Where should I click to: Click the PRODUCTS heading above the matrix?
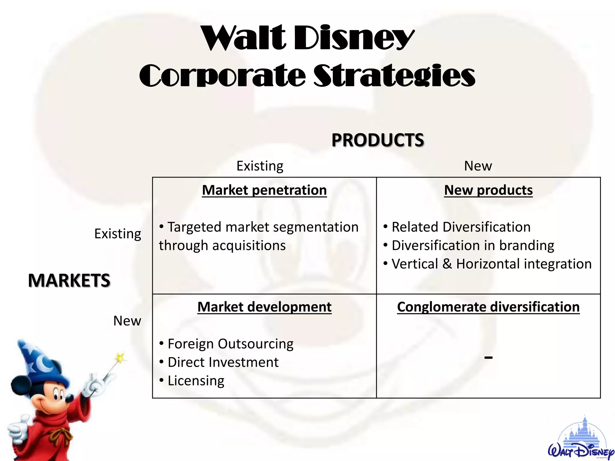pyautogui.click(x=377, y=140)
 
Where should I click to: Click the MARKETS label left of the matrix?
pyautogui.click(x=69, y=280)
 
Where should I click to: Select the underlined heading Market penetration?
pyautogui.click(x=264, y=190)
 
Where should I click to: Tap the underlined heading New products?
pyautogui.click(x=488, y=190)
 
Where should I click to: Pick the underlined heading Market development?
pyautogui.click(x=264, y=307)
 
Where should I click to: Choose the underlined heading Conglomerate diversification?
pyautogui.click(x=488, y=307)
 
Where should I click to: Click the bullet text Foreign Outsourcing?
pyautogui.click(x=230, y=344)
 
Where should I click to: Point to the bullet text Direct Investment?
pyautogui.click(x=223, y=362)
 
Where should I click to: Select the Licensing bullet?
pyautogui.click(x=196, y=381)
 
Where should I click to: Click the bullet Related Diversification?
pyautogui.click(x=461, y=227)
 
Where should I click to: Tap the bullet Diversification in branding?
pyautogui.click(x=473, y=246)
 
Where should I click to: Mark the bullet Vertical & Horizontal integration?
pyautogui.click(x=491, y=264)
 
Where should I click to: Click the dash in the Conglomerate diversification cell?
pyautogui.click(x=488, y=357)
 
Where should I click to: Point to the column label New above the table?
pyautogui.click(x=478, y=166)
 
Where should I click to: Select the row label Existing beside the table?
pyautogui.click(x=117, y=234)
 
